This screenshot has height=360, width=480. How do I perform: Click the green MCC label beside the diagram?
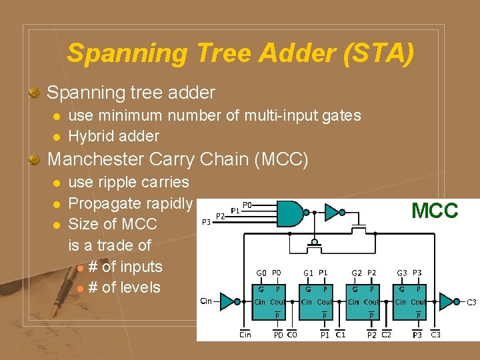pos(435,211)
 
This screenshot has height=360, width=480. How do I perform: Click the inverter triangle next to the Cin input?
pos(227,301)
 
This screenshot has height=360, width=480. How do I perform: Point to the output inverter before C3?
pos(446,301)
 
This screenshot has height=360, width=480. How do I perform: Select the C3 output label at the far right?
pos(471,303)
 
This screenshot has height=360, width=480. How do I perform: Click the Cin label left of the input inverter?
pos(207,301)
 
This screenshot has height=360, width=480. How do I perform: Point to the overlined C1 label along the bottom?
pos(340,334)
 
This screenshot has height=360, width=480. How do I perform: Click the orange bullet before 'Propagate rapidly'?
pos(57,203)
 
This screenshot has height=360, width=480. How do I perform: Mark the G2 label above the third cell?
pos(357,273)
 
